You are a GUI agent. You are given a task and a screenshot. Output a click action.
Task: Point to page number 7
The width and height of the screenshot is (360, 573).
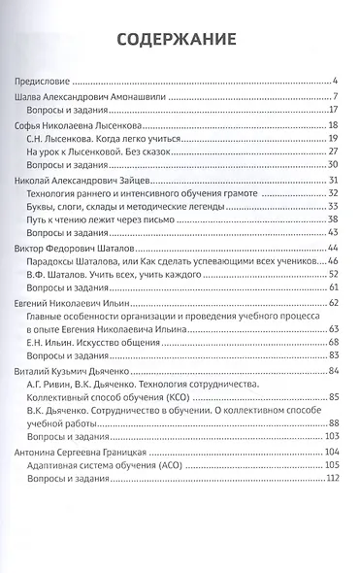(x=334, y=98)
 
